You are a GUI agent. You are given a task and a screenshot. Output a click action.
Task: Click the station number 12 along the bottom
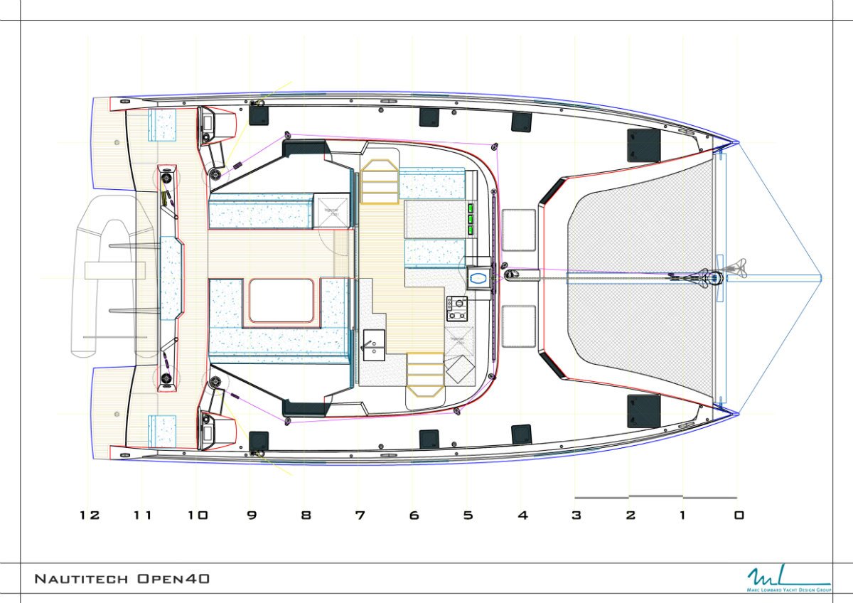(90, 515)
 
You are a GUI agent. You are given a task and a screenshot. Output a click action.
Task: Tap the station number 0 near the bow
(739, 515)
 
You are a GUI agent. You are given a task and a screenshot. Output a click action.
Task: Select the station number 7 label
(360, 515)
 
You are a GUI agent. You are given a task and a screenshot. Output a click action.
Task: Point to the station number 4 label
(522, 515)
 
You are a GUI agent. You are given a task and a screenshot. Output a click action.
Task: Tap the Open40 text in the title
(174, 579)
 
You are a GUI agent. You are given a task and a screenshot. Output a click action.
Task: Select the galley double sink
(374, 341)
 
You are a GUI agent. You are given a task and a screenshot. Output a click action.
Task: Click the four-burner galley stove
(456, 308)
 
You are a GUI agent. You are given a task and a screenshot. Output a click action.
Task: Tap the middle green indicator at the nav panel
(471, 220)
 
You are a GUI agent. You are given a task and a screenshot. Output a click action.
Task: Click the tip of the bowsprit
(821, 278)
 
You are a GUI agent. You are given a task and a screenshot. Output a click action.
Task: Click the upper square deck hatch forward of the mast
(518, 230)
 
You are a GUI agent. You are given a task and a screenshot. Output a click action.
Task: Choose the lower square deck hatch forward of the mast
(518, 326)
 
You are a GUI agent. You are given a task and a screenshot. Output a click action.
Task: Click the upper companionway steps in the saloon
(379, 182)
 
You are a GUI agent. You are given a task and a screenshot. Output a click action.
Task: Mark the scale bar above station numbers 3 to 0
(655, 497)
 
